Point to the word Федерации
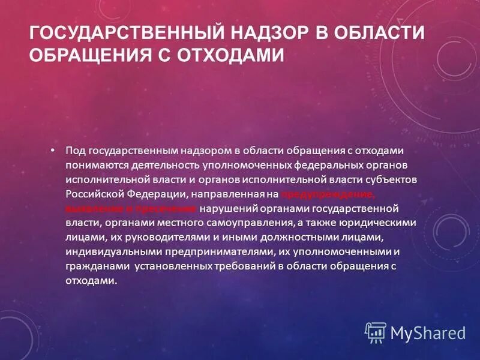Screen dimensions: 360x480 [x=158, y=194]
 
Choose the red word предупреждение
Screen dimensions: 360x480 [x=329, y=194]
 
